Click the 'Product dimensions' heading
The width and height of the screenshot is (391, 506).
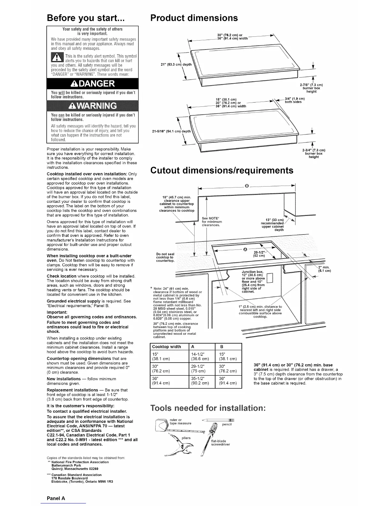(194, 18)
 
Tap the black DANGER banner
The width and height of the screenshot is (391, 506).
(92, 84)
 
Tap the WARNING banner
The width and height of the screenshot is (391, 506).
(92, 106)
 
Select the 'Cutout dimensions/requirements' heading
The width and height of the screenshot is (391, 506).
(221, 170)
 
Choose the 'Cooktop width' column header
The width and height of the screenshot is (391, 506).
(166, 347)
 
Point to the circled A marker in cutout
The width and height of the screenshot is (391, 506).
(245, 249)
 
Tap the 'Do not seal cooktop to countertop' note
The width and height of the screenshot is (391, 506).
(165, 257)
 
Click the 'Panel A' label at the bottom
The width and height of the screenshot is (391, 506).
(56, 498)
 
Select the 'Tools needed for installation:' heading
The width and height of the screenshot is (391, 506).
(208, 409)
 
